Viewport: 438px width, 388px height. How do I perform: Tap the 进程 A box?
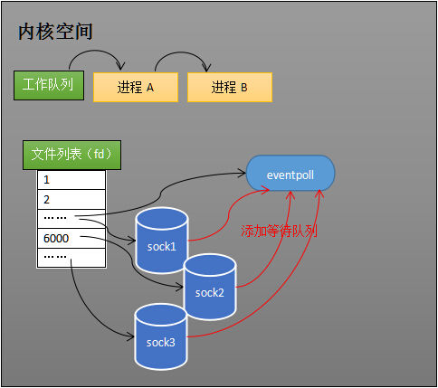pos(136,87)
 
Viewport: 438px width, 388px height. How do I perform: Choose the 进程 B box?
pos(230,87)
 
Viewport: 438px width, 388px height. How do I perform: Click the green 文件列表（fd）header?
pos(71,156)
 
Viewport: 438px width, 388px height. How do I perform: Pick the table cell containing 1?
pos(71,180)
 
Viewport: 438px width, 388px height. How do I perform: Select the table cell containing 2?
pos(71,199)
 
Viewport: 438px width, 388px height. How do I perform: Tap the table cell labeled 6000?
pos(71,239)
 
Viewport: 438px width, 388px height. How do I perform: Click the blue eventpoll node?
pos(290,173)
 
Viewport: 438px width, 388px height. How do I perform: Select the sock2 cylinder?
pos(209,288)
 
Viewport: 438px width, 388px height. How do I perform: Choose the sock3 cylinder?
pos(161,337)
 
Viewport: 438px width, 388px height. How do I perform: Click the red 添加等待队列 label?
pos(279,232)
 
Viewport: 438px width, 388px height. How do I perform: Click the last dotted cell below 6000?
pos(71,258)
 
